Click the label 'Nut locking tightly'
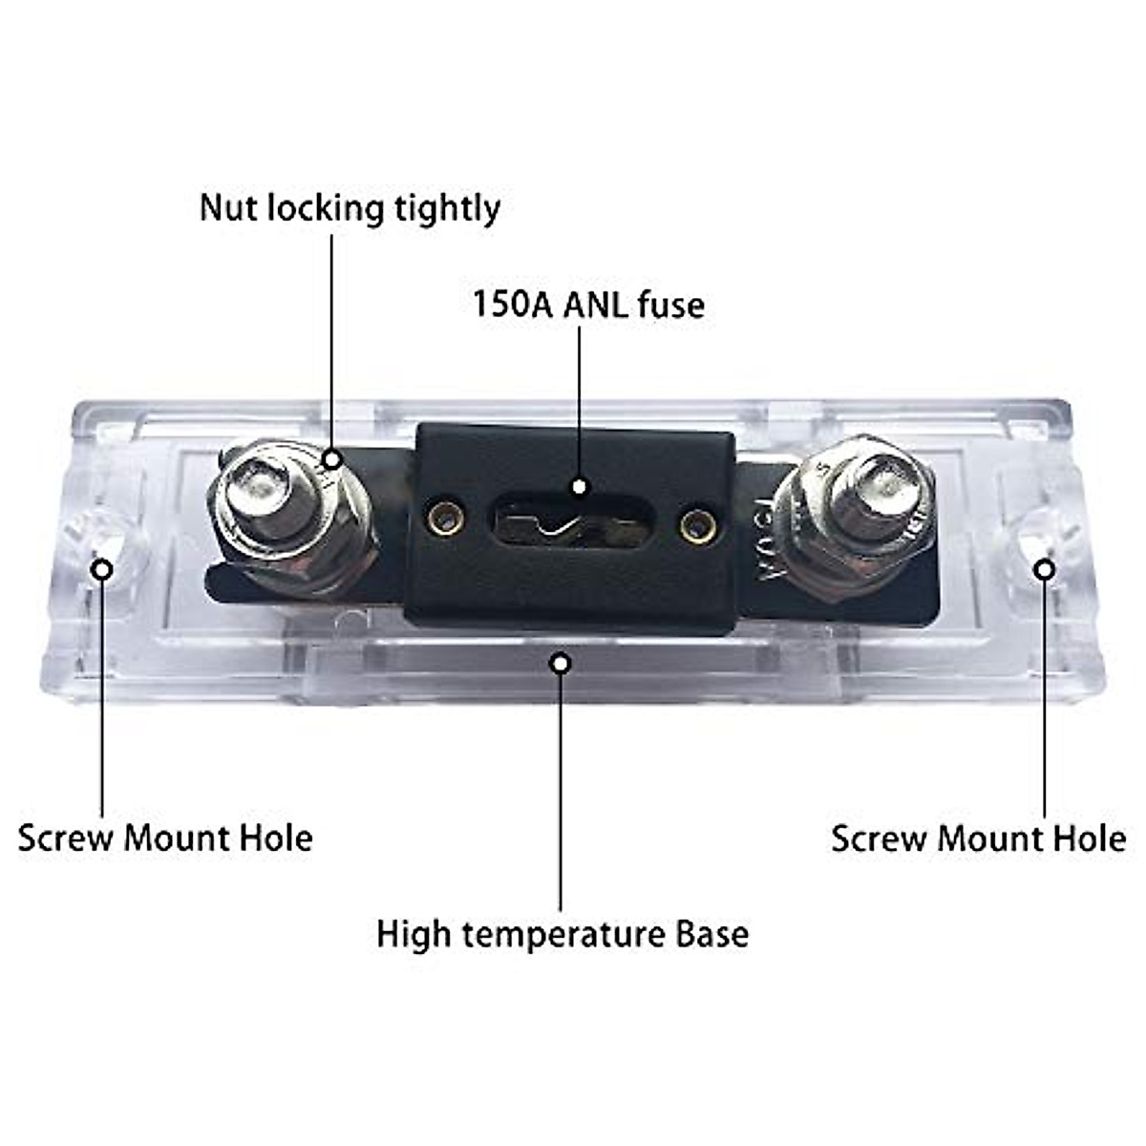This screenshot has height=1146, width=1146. [x=350, y=208]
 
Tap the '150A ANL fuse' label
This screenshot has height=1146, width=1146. [x=588, y=305]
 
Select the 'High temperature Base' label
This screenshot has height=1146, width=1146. [x=562, y=933]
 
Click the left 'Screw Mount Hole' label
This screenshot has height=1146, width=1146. [x=165, y=838]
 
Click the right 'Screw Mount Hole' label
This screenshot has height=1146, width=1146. [x=978, y=838]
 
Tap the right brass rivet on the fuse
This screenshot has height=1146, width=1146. [x=696, y=524]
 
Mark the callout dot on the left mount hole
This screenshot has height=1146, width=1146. [x=101, y=570]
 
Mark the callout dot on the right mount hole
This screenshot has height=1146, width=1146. [x=1045, y=570]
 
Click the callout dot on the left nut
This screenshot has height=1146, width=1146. [x=331, y=459]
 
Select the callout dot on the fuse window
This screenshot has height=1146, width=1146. [x=579, y=486]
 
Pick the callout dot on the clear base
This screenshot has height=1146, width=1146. [x=562, y=662]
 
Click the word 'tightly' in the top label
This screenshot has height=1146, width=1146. [x=448, y=208]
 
